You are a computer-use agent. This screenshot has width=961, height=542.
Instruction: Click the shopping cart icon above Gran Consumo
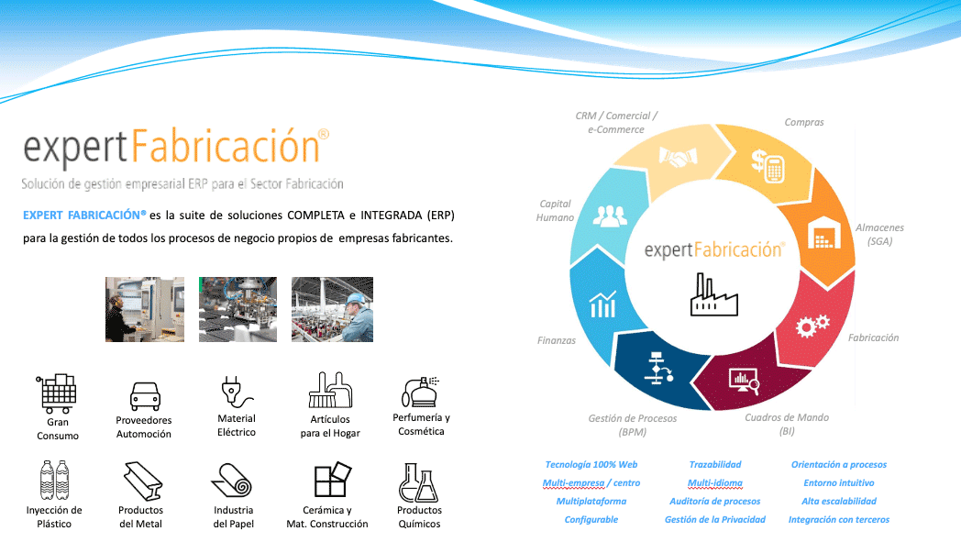(57, 393)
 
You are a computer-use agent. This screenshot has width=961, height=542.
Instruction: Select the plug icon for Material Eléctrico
(236, 392)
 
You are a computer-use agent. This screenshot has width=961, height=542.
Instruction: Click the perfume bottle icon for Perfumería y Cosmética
(420, 392)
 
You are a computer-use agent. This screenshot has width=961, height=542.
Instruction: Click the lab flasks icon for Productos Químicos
(418, 481)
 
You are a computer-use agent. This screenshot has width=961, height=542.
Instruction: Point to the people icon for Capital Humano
(608, 216)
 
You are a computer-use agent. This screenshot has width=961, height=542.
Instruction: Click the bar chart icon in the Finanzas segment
(602, 304)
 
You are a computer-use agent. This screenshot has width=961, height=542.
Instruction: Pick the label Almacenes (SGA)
(879, 234)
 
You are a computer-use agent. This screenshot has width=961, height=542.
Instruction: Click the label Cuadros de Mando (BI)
(786, 424)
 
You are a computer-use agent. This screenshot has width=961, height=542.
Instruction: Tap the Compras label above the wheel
(803, 122)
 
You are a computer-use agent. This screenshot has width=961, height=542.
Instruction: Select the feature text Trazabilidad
(714, 465)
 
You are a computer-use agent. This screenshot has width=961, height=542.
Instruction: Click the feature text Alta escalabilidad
(838, 502)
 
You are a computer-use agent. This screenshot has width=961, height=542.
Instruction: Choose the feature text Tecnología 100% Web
(591, 465)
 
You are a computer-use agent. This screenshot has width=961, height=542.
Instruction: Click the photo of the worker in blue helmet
(332, 309)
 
